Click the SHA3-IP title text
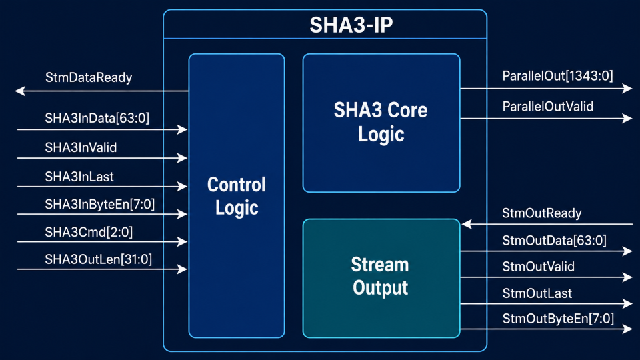click(x=351, y=25)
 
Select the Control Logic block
click(x=237, y=195)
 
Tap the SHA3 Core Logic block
click(x=381, y=123)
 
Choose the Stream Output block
click(x=381, y=279)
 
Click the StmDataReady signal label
click(x=89, y=77)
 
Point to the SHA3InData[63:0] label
click(x=97, y=118)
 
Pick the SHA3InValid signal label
click(x=81, y=147)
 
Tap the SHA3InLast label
click(x=79, y=177)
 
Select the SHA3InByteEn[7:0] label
click(x=100, y=204)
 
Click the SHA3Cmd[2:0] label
click(x=89, y=232)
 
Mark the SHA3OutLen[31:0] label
click(x=99, y=259)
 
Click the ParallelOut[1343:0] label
click(x=557, y=76)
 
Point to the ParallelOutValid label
click(x=548, y=107)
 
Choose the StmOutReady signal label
click(x=541, y=213)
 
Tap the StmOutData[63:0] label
click(x=554, y=241)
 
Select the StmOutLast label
click(x=537, y=293)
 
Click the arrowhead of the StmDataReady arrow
click(x=19, y=91)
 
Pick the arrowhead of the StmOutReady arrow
click(x=467, y=224)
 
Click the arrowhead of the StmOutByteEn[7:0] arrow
click(x=627, y=329)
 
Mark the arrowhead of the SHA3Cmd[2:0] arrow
click(x=183, y=241)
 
